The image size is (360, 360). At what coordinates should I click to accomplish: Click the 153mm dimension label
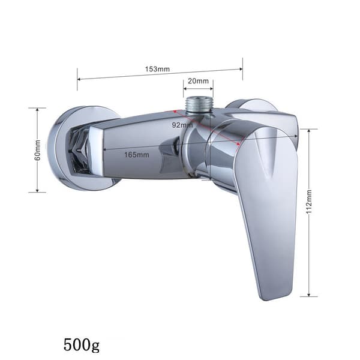tap(157, 69)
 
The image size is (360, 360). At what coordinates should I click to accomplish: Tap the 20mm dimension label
tap(199, 81)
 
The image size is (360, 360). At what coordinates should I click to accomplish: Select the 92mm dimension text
tap(182, 125)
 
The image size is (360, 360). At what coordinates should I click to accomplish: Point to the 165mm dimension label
tap(137, 155)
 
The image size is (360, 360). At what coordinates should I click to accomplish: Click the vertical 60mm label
tap(38, 151)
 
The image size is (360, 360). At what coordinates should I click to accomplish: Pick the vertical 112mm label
tap(309, 202)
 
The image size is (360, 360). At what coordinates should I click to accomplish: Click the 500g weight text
tap(82, 345)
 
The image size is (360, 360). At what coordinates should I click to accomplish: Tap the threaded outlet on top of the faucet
tap(199, 105)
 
